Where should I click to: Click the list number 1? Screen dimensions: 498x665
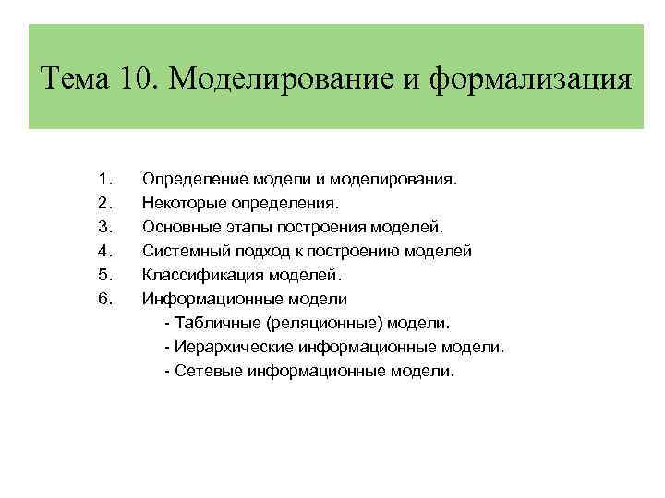tap(103, 175)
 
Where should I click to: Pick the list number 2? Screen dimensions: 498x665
tap(103, 200)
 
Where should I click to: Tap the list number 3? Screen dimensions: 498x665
tap(103, 225)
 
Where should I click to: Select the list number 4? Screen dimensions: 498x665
tap(103, 250)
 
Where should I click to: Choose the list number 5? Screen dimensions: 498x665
tap(103, 274)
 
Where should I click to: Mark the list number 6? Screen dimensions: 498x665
tap(103, 299)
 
